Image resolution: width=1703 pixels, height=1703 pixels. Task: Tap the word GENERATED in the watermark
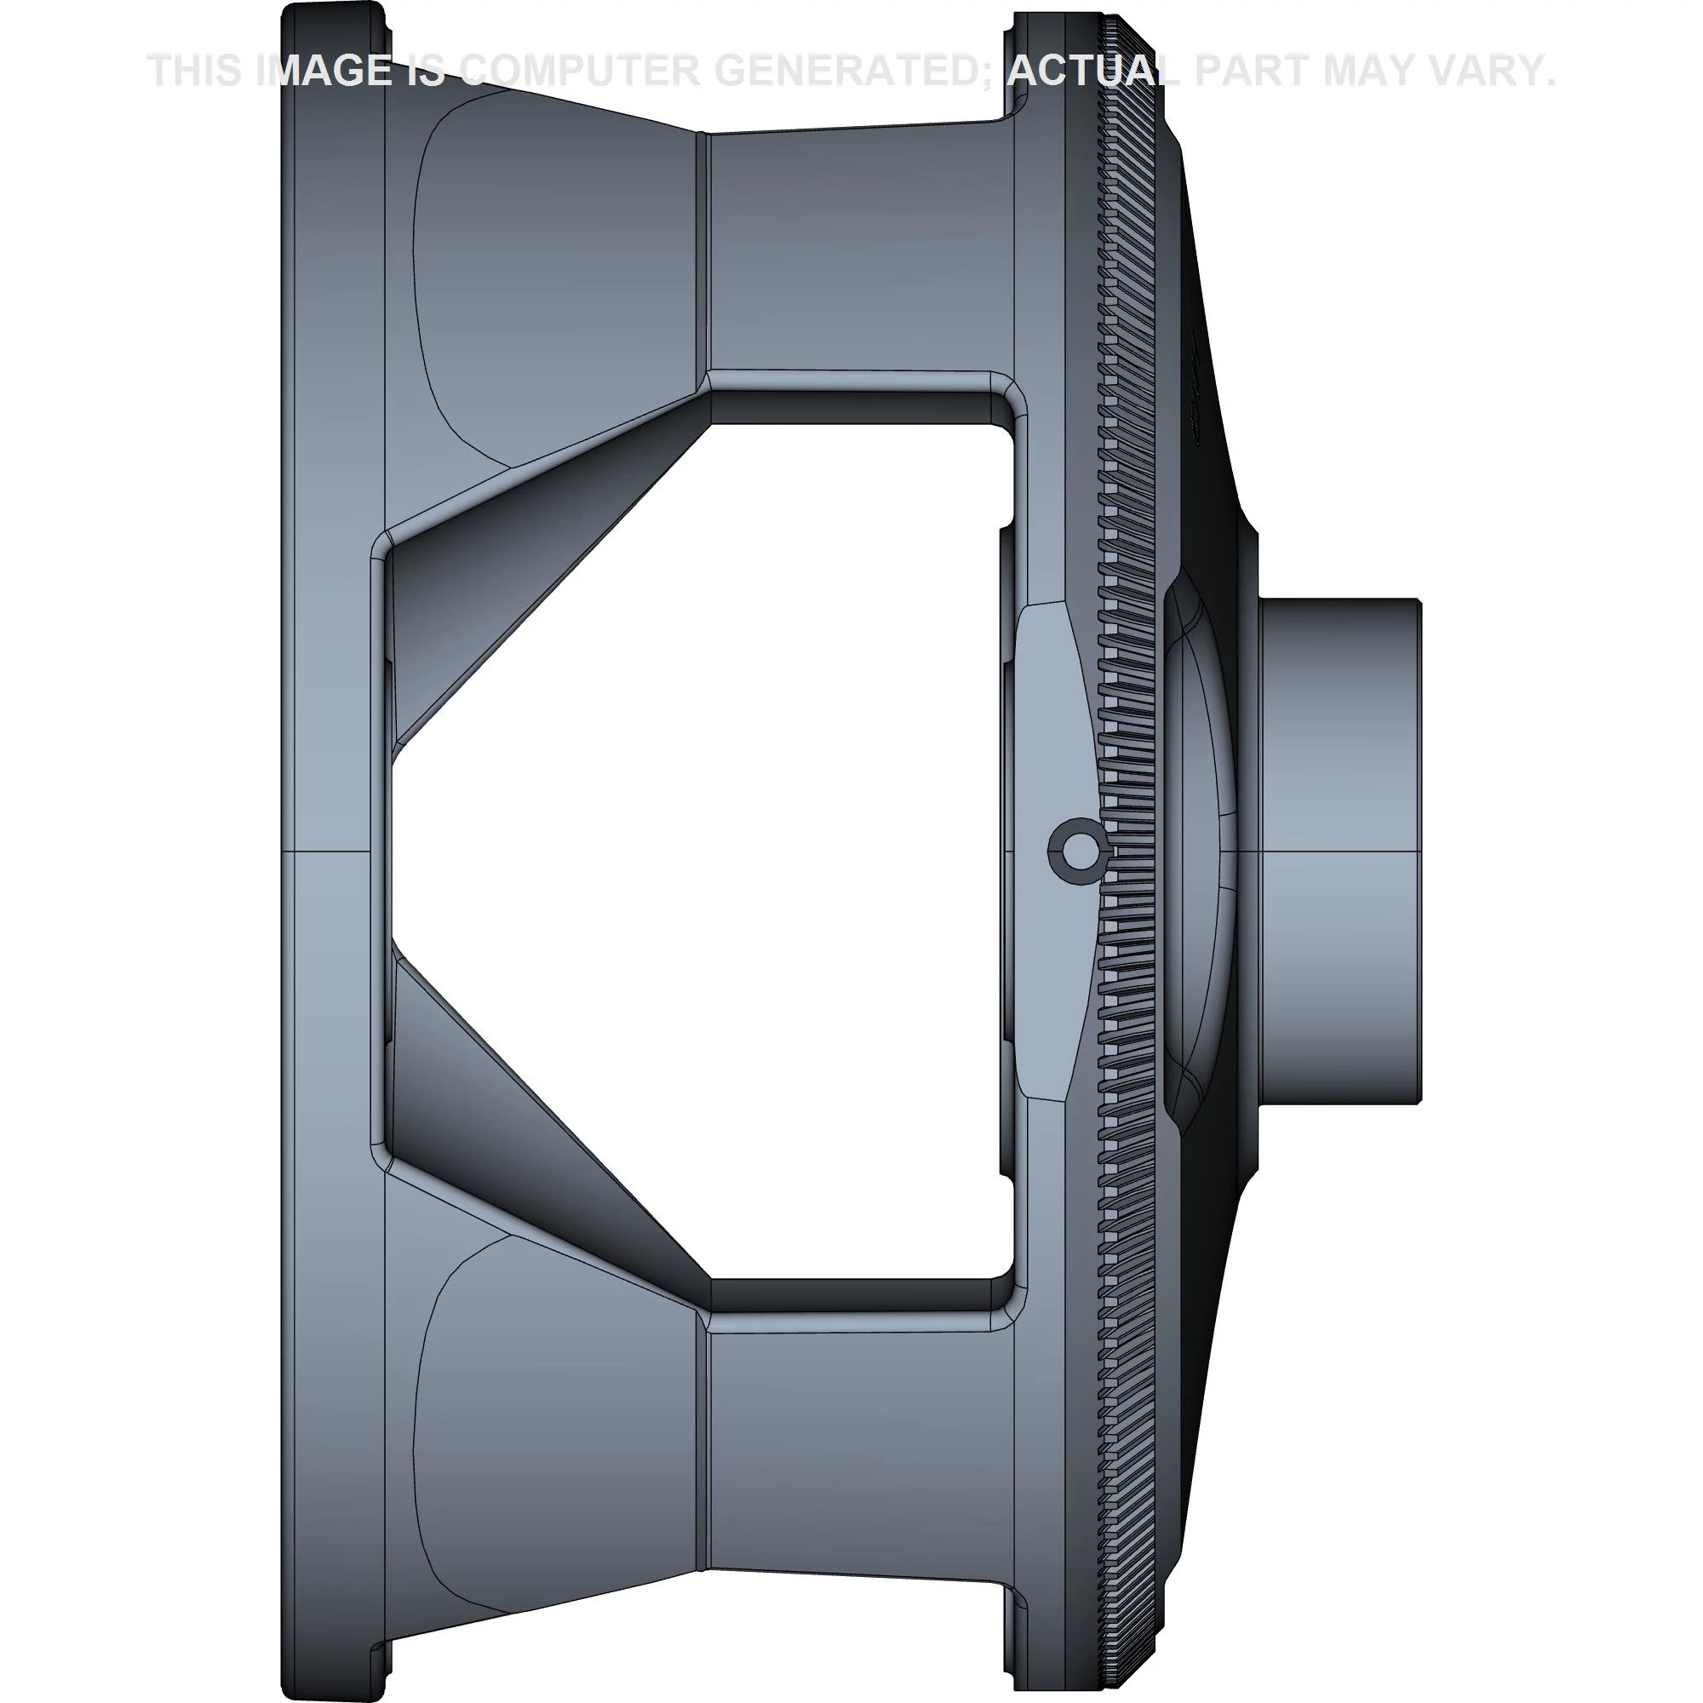868,71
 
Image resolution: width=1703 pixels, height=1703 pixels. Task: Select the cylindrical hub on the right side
1339,851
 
